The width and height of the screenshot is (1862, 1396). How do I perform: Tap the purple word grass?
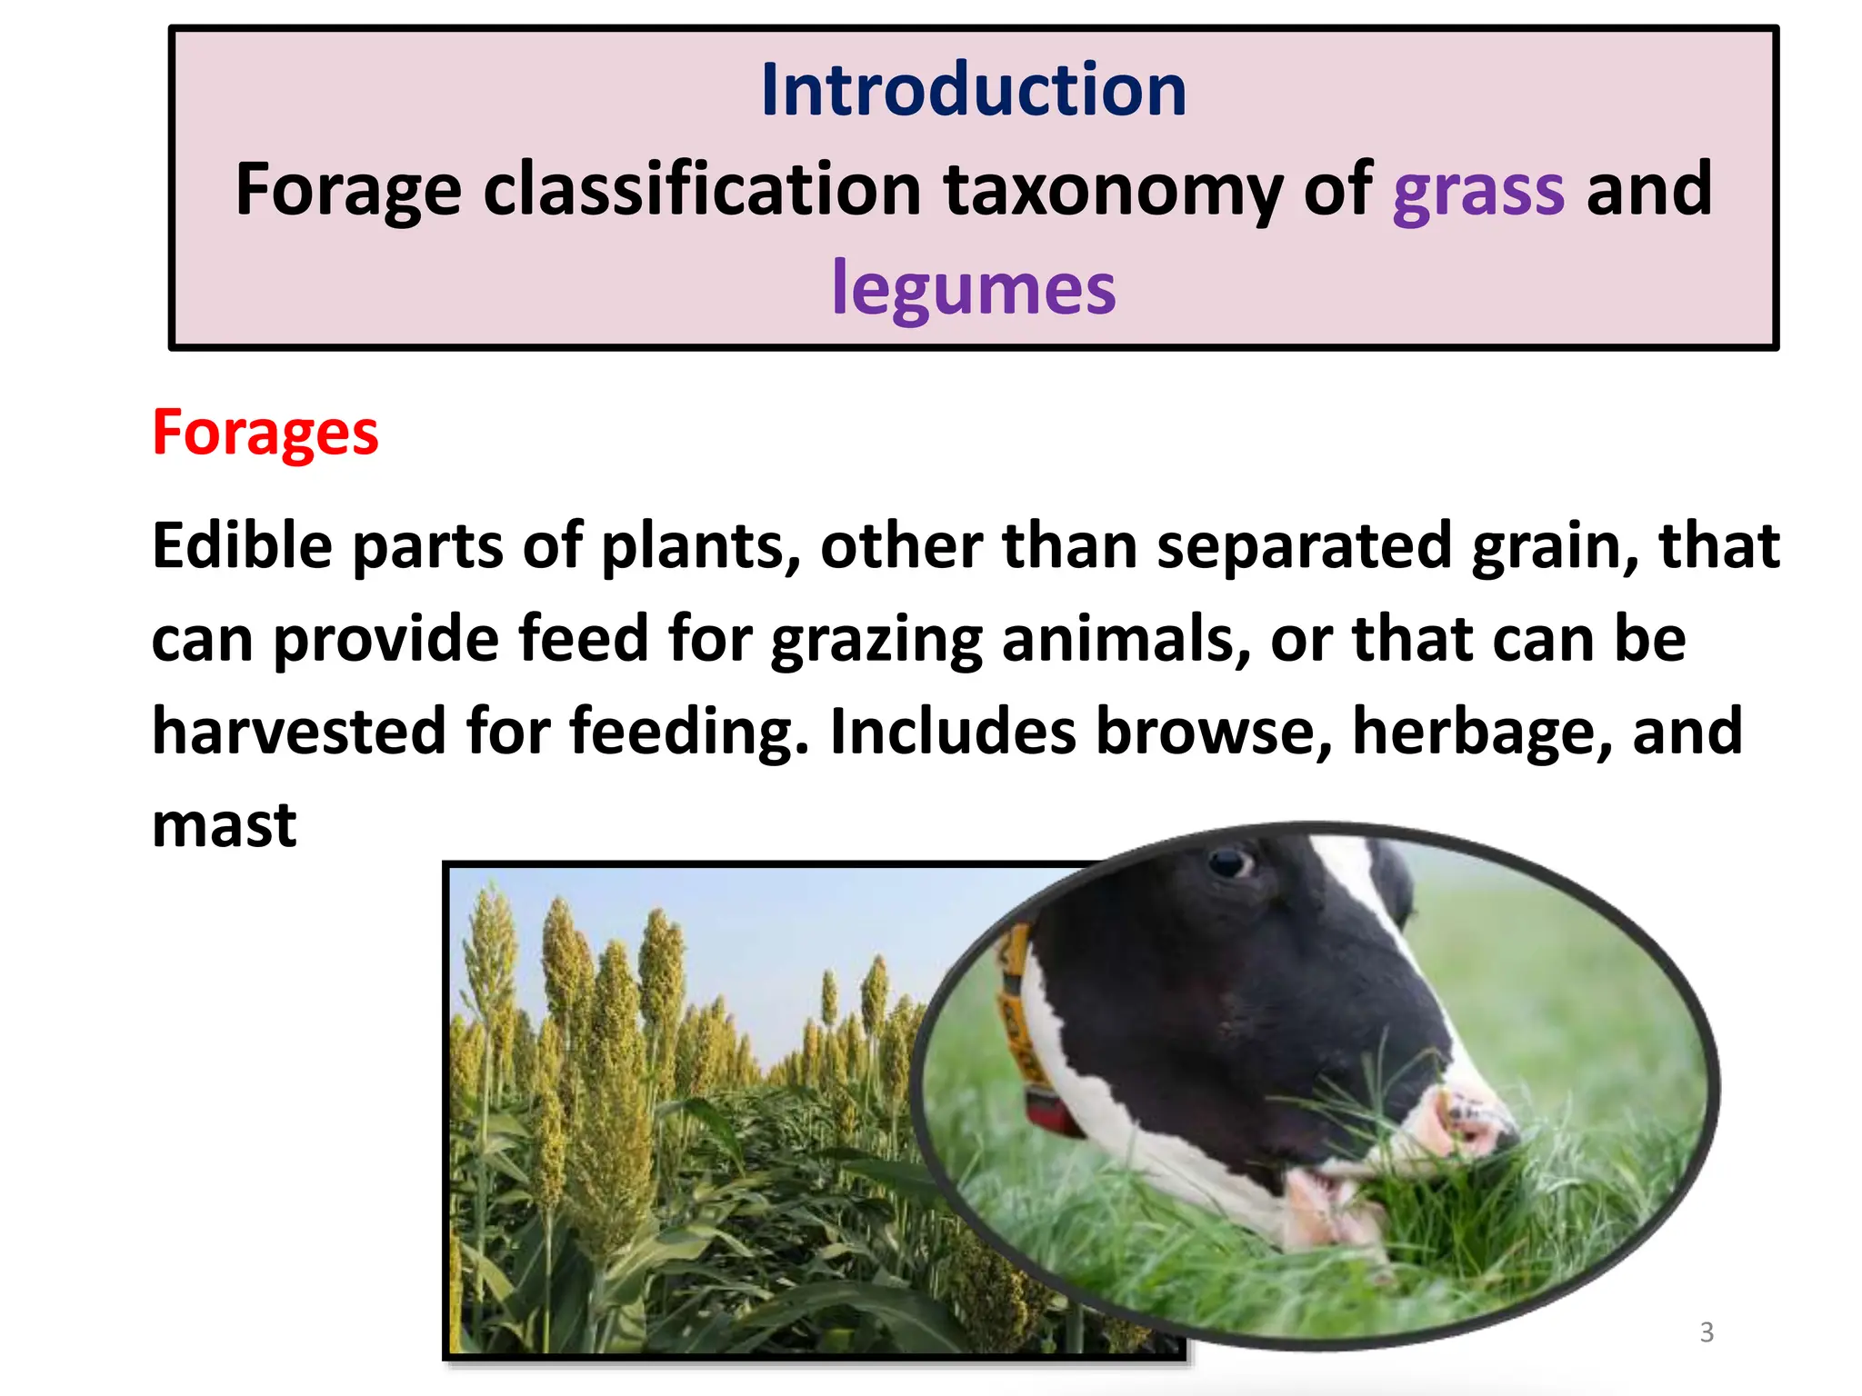[1478, 189]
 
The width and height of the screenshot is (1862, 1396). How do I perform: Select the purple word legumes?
[973, 289]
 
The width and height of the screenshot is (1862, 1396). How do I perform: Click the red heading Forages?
[265, 433]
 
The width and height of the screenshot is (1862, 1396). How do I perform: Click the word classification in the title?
[702, 189]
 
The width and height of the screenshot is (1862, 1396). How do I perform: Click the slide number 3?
[1707, 1332]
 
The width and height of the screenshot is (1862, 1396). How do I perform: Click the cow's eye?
[1230, 861]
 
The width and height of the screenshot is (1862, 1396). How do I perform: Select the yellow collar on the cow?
[1014, 1009]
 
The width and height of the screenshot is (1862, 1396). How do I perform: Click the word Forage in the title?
[348, 189]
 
